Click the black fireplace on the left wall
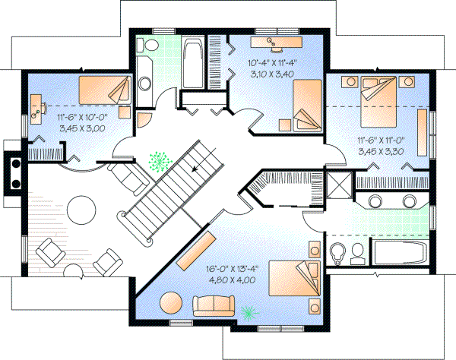13,171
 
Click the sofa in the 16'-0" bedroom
215,305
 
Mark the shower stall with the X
336,186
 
